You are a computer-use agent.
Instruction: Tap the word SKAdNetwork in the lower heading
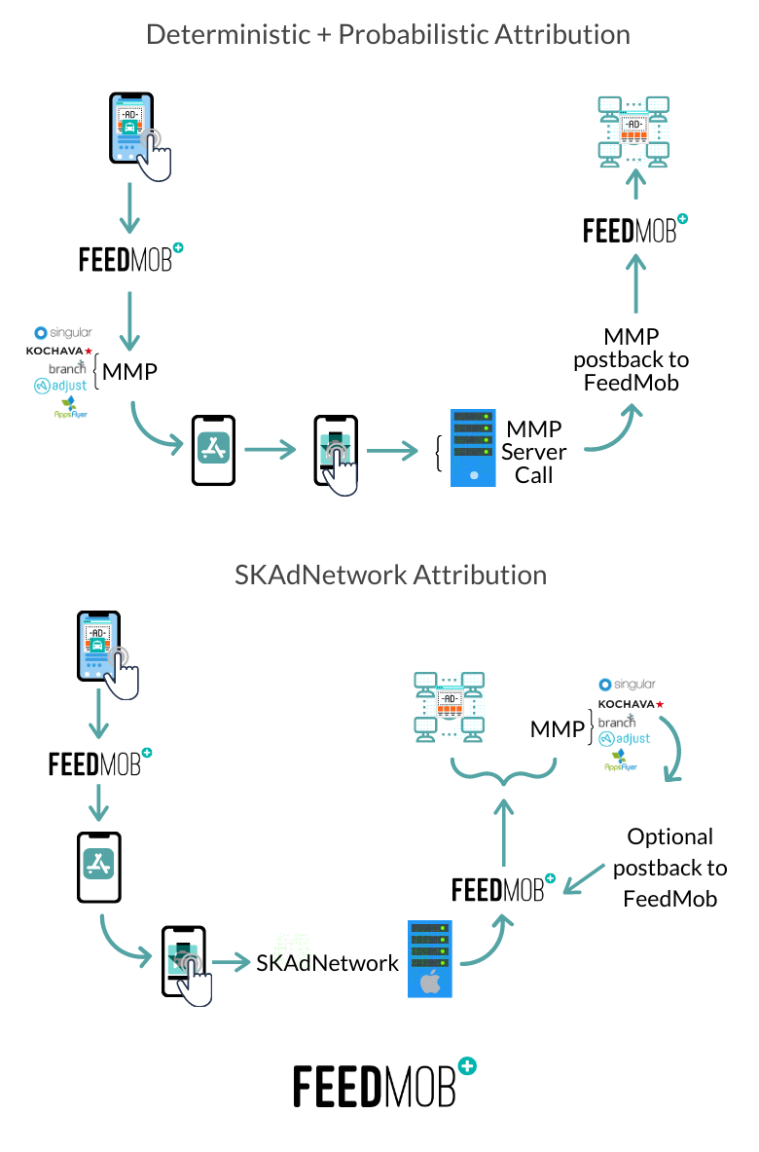click(321, 575)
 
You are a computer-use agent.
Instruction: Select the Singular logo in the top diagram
click(63, 332)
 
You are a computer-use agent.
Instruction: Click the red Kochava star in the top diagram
click(89, 351)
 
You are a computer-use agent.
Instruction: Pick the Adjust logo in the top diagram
click(61, 386)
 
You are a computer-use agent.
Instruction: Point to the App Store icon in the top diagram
click(213, 448)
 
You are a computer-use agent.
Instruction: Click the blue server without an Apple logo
click(473, 448)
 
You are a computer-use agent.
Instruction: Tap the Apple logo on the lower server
click(430, 982)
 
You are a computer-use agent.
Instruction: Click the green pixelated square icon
click(292, 950)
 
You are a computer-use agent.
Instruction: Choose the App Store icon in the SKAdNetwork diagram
click(98, 863)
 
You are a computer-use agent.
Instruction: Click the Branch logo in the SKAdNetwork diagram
click(616, 722)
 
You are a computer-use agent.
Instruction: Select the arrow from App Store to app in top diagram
click(270, 449)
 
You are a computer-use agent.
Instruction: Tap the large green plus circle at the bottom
click(467, 1065)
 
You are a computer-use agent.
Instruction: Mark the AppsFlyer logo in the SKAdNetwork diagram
click(620, 762)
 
